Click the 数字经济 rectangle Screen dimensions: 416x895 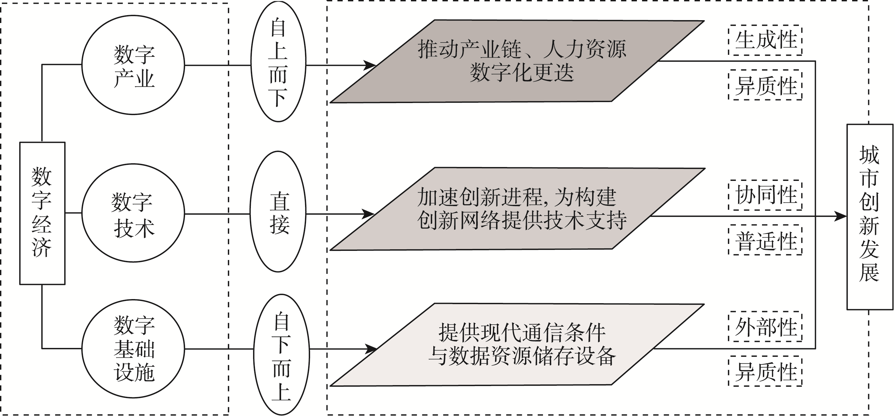pyautogui.click(x=42, y=213)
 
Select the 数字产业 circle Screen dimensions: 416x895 pyautogui.click(x=133, y=65)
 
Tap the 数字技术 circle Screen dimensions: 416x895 pyautogui.click(x=133, y=213)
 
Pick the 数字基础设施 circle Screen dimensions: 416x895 pyautogui.click(x=133, y=348)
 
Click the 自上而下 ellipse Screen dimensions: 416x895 pyautogui.click(x=278, y=61)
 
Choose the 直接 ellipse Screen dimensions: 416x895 pyautogui.click(x=278, y=212)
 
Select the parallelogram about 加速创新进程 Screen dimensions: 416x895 pyautogui.click(x=518, y=209)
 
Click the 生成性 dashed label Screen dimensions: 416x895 pyautogui.click(x=765, y=40)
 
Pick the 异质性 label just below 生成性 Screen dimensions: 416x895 pyautogui.click(x=765, y=85)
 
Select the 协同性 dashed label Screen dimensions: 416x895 pyautogui.click(x=765, y=195)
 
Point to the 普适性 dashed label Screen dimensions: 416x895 pyautogui.click(x=765, y=240)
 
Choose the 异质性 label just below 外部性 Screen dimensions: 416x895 pyautogui.click(x=765, y=371)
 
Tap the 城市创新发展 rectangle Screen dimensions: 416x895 pyautogui.click(x=870, y=217)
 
